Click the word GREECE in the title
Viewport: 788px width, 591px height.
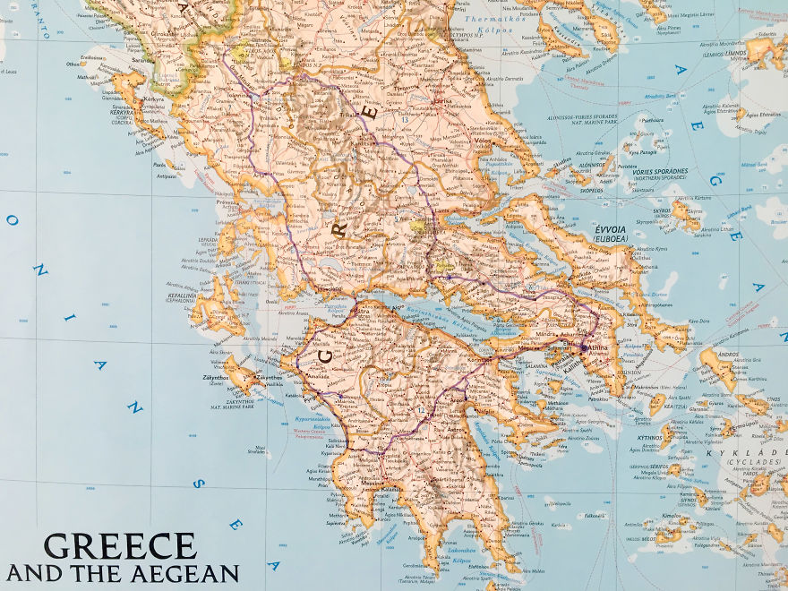tap(119, 546)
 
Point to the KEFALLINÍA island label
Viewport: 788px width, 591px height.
tap(182, 294)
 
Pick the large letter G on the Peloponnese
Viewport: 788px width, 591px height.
tap(325, 355)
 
